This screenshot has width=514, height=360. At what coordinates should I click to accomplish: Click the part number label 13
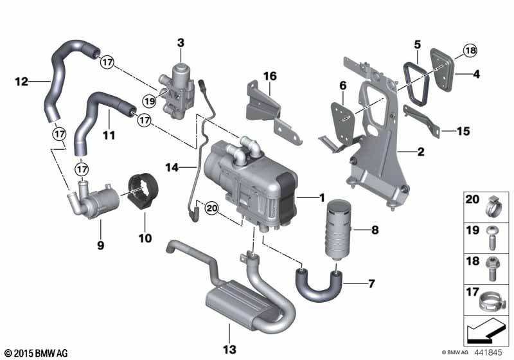(229, 348)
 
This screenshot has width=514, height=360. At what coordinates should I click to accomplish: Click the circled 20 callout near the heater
(212, 208)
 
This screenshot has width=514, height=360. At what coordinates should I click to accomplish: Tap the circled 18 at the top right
(470, 51)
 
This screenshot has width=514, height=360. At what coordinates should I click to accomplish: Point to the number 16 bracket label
(269, 76)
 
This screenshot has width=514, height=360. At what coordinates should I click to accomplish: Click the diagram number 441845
(491, 352)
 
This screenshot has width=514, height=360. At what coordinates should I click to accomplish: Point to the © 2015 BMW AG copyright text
(36, 353)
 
